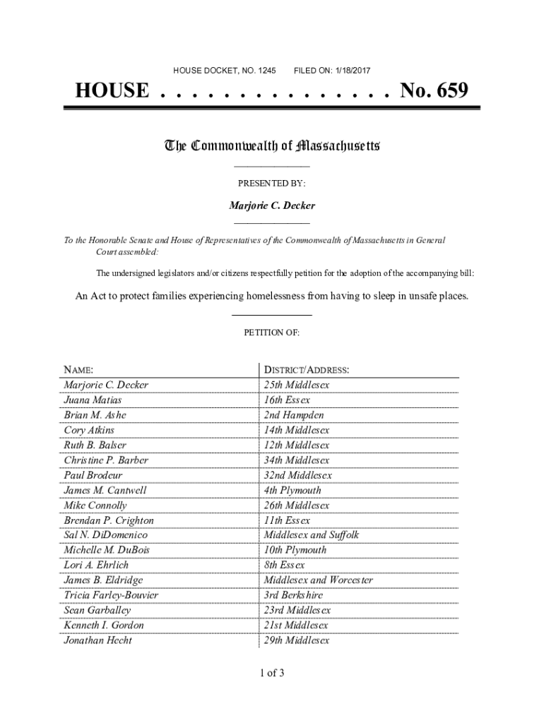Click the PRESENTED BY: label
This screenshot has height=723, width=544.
coord(271,184)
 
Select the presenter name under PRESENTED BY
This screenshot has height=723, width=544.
coord(272,205)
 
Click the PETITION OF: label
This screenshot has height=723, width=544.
coord(272,332)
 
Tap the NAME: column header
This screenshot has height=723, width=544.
coord(78,370)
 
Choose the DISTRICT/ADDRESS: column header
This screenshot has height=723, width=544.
coord(306,370)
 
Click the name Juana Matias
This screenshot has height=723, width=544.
coord(93,400)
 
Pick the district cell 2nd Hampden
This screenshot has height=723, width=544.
coord(294,415)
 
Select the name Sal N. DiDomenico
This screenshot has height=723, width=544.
coord(105,535)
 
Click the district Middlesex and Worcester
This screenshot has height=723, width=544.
coord(318,580)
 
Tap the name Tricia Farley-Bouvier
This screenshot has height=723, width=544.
coord(111,595)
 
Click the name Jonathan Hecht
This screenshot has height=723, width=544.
coord(97,640)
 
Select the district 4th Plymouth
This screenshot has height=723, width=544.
coord(292,490)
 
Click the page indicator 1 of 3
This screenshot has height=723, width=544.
coord(272,672)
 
